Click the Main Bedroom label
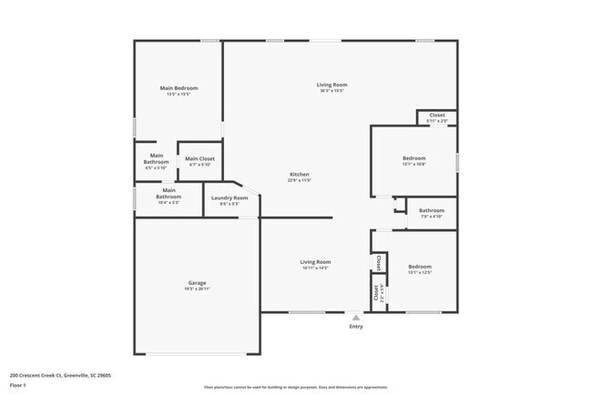[179, 88]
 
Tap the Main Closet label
[199, 159]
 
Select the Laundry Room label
[229, 198]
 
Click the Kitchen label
[300, 174]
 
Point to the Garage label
[198, 283]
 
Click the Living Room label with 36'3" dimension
[332, 85]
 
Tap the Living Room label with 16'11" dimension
[315, 262]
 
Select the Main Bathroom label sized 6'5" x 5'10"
[156, 159]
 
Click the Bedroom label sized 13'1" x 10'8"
[413, 158]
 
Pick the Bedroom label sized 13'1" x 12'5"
[419, 267]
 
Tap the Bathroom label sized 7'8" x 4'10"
[432, 211]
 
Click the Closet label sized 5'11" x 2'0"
[437, 115]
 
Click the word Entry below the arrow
[355, 327]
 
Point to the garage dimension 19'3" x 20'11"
[198, 289]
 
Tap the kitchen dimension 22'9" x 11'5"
[300, 180]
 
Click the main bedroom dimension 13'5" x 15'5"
[179, 94]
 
